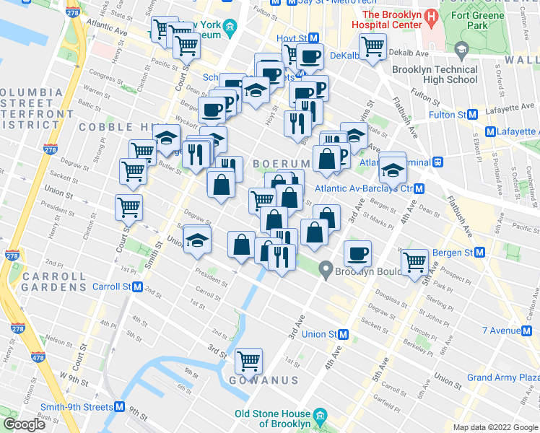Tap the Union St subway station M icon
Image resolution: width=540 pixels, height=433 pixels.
coord(344,334)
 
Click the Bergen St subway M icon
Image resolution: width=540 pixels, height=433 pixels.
coord(479,253)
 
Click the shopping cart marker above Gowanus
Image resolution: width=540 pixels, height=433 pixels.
coord(248,359)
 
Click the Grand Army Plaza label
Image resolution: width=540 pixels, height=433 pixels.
coord(502,377)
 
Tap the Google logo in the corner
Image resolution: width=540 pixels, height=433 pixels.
coord(24,424)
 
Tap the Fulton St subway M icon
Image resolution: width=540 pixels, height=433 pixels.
coord(473,114)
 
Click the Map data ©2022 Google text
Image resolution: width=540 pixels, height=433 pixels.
coord(495,427)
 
